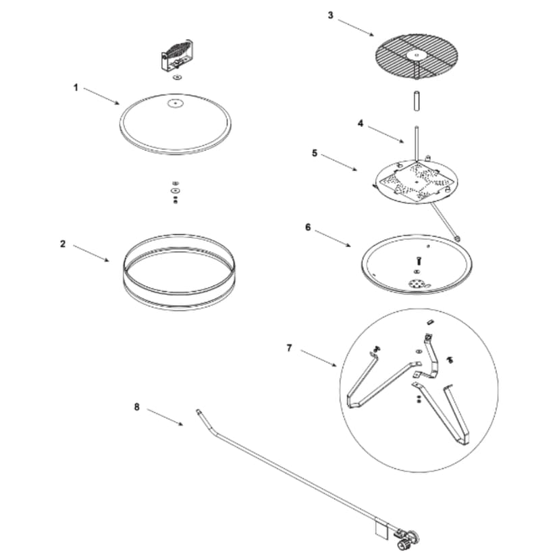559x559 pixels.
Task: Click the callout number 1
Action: [x=76, y=87]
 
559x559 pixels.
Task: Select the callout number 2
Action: [x=63, y=244]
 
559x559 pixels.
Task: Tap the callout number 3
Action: [x=330, y=15]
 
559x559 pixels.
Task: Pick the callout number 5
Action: [x=315, y=153]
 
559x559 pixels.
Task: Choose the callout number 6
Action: [x=308, y=228]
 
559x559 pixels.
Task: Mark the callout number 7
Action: [x=289, y=348]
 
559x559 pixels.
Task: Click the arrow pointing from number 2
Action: [x=91, y=252]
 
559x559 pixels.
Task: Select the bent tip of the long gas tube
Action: [x=200, y=413]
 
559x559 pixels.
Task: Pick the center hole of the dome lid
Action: [x=175, y=103]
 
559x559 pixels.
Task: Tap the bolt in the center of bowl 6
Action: [x=417, y=260]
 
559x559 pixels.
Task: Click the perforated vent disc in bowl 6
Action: [x=417, y=284]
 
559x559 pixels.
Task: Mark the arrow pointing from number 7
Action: [x=318, y=357]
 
